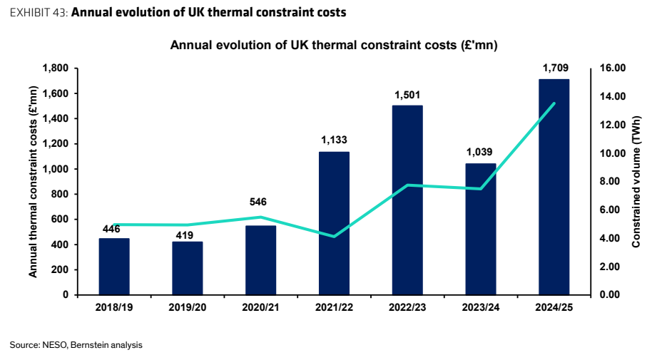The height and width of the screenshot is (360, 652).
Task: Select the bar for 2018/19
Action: click(x=114, y=267)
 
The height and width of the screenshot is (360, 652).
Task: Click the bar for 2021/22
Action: click(x=334, y=223)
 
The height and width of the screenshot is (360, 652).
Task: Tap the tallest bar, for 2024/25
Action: click(x=554, y=187)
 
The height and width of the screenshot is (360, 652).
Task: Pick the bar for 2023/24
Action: click(x=481, y=229)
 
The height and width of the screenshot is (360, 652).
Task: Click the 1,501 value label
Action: click(x=407, y=95)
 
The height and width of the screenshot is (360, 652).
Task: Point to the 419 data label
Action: click(x=185, y=235)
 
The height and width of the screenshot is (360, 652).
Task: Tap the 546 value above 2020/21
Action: click(x=258, y=202)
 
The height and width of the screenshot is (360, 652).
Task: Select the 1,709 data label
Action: click(x=556, y=68)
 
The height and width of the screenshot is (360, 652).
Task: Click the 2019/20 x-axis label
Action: click(x=188, y=308)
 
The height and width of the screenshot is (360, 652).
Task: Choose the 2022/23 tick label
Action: click(x=407, y=308)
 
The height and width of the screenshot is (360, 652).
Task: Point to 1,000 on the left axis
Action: click(x=56, y=169)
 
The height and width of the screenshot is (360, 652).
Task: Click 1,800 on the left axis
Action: click(x=56, y=68)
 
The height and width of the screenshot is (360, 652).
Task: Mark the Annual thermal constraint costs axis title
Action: click(x=33, y=182)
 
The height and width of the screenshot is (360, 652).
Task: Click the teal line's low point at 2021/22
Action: click(x=334, y=237)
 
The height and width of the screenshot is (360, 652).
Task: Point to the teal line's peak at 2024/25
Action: click(x=554, y=103)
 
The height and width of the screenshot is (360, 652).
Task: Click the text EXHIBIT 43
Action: click(x=39, y=12)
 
